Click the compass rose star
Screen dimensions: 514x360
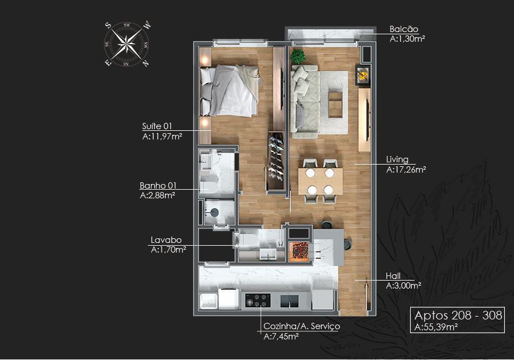127,43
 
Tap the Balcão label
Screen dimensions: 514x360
404,29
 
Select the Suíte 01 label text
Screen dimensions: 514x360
156,126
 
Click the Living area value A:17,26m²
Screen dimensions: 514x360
406,170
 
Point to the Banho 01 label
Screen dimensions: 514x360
158,186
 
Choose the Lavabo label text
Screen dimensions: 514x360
166,240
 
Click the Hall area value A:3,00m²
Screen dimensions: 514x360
403,286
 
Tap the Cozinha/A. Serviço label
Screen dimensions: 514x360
302,326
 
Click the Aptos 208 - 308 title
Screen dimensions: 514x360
458,315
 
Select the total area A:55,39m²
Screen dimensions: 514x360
436,327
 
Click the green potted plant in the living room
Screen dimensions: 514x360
298,57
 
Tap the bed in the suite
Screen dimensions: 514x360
230,90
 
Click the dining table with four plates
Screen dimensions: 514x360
320,181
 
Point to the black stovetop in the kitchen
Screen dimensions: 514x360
258,300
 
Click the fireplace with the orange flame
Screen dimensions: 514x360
363,75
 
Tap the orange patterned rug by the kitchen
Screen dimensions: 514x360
298,251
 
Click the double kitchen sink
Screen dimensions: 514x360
290,301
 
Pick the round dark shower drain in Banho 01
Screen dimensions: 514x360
214,213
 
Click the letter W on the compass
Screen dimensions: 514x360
147,25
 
